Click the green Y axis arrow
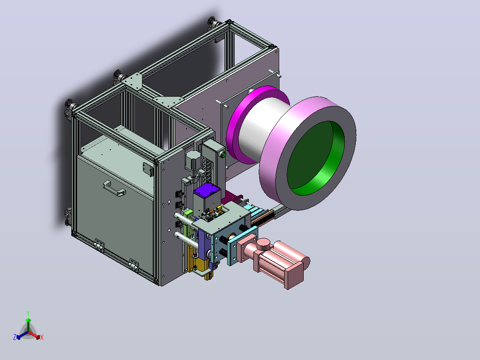point(28,324)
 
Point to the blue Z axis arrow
point(22,335)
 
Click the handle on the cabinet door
point(114,188)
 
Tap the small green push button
point(223,155)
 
